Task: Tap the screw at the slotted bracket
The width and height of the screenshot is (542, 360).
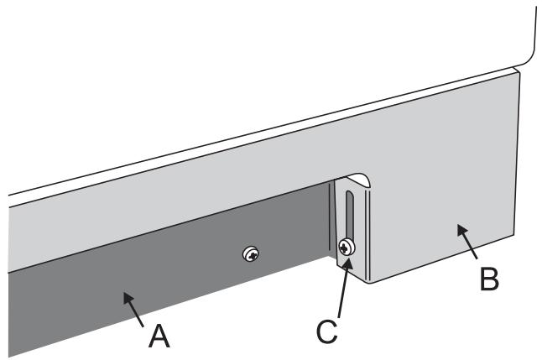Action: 347,247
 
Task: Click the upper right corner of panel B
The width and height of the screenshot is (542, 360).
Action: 521,72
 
